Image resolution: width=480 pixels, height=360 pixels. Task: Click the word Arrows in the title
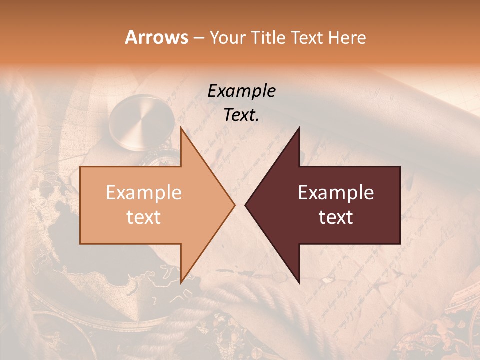tap(156, 37)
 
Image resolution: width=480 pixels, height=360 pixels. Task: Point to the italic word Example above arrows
tap(241, 91)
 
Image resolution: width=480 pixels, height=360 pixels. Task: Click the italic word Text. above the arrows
tap(241, 115)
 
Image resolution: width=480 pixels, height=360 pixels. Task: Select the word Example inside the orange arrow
tap(144, 193)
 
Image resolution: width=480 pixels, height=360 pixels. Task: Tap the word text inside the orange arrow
tap(144, 217)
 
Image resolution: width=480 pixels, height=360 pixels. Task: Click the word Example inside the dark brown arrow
tap(336, 193)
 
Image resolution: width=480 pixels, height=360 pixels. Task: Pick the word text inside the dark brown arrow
tap(336, 217)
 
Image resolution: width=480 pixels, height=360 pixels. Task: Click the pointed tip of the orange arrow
tap(234, 205)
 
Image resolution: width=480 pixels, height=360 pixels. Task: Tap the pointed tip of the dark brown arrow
tap(245, 205)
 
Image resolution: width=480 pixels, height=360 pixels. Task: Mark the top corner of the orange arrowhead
tap(181, 128)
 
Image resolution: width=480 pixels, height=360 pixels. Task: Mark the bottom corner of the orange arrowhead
tap(181, 282)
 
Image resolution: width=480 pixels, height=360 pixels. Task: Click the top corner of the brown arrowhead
tap(299, 128)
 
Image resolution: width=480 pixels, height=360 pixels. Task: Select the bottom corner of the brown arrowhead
tap(299, 282)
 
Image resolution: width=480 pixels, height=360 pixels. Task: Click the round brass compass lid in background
tap(142, 121)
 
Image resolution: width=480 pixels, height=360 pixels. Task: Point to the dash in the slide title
tap(198, 38)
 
